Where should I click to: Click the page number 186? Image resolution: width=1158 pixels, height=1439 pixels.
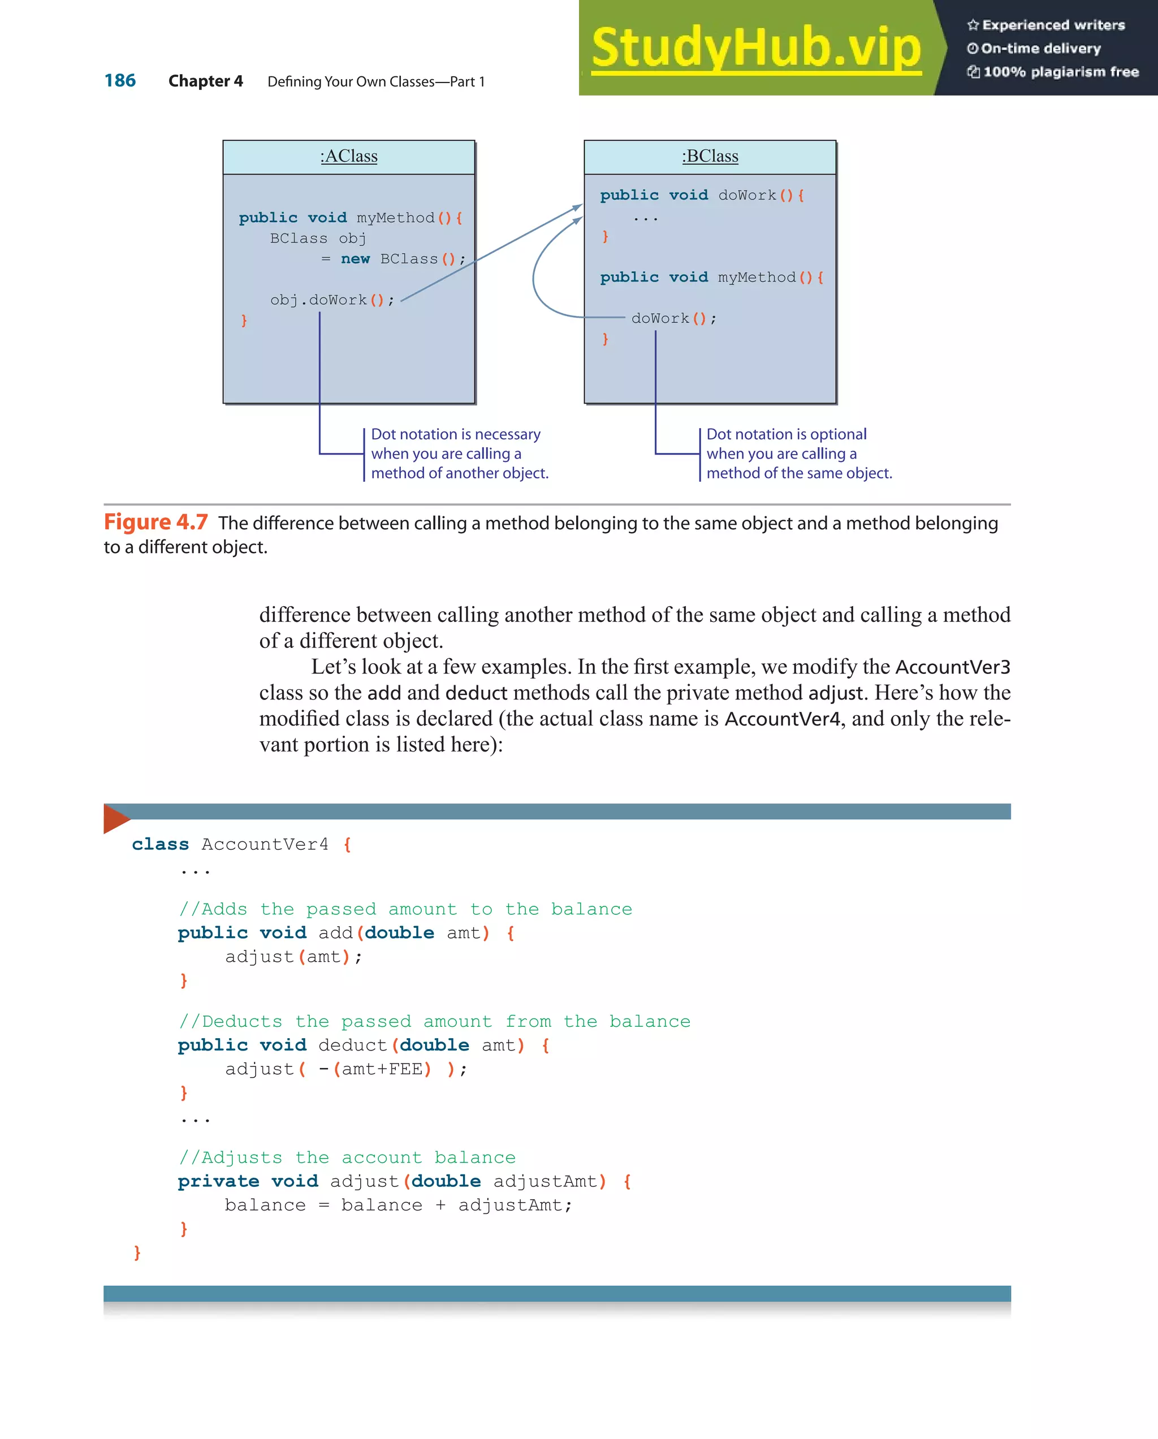120,81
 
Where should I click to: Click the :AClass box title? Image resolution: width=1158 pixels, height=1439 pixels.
348,156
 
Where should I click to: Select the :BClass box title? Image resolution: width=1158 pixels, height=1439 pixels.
710,156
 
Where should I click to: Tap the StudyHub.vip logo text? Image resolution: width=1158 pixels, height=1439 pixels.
756,47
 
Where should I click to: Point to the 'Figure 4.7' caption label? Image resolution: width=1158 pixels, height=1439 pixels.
155,522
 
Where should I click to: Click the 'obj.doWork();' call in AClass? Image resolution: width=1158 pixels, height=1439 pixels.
332,300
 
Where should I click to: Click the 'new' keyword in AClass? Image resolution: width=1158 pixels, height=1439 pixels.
355,259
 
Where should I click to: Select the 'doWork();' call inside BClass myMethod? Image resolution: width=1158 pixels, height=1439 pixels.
673,318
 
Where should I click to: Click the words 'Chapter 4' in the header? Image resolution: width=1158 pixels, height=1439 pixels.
206,81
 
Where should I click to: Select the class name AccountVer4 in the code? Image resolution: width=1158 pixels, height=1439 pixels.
265,844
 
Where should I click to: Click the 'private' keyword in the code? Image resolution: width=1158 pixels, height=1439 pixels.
218,1181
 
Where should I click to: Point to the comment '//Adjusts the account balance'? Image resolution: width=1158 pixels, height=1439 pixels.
347,1157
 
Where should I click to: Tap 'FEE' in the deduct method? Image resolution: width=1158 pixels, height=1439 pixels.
405,1069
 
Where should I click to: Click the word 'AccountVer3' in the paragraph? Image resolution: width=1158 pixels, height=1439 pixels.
952,667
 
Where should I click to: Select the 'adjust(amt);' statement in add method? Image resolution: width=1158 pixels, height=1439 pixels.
293,957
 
